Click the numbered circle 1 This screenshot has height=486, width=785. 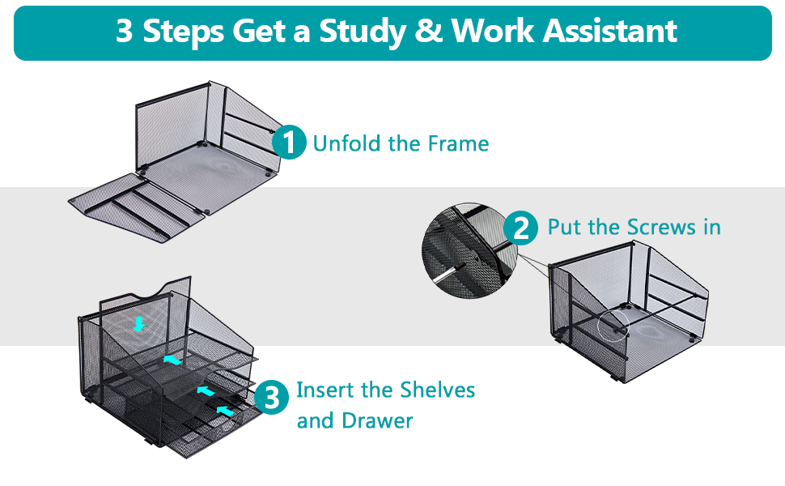[289, 143]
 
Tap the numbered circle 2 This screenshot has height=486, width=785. [520, 228]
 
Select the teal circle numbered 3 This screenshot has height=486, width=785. [272, 398]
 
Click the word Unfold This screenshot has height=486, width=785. [346, 144]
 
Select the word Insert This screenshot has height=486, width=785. [325, 390]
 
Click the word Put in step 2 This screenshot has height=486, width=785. [564, 227]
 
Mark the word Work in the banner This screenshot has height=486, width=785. [494, 31]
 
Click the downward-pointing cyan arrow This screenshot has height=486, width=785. [138, 324]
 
